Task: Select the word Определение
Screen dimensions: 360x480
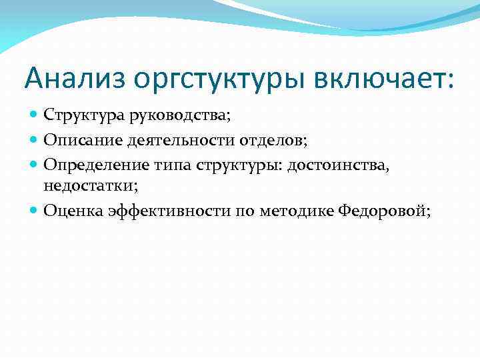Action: point(86,163)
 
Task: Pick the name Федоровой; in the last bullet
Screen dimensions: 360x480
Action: point(385,211)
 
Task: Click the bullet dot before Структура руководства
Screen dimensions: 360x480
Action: point(35,116)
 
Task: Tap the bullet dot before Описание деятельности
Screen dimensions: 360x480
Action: point(35,140)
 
